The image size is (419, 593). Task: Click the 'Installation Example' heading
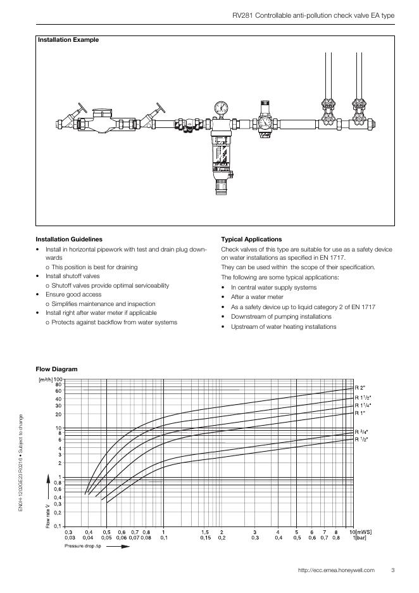68,40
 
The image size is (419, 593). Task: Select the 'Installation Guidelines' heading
69,239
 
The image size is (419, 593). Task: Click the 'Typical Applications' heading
252,239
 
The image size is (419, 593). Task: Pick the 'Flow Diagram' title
57,369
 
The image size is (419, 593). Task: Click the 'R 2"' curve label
360,388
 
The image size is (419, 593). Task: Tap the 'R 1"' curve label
360,413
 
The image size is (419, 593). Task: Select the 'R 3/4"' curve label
361,431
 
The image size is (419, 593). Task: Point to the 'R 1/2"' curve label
361,439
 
